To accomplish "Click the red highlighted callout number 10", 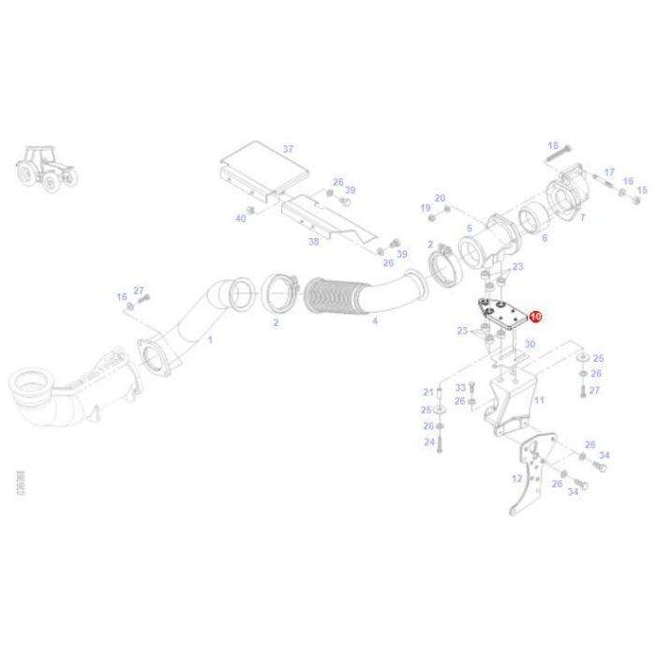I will tap(536, 318).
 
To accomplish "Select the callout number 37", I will tap(288, 149).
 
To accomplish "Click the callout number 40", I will tap(241, 218).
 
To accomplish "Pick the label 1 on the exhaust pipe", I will tap(209, 338).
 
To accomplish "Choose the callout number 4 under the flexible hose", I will tap(375, 321).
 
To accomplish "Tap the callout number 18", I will tap(553, 145).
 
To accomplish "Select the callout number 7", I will tap(582, 217).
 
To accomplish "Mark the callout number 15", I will tap(642, 190).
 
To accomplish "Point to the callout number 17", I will tap(609, 172).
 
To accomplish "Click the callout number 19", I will tap(425, 208).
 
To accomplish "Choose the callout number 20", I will tap(440, 198).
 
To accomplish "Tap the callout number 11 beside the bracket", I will tap(538, 400).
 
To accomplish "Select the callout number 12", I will tap(516, 477).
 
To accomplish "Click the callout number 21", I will tap(428, 392).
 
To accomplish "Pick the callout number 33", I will tap(460, 387).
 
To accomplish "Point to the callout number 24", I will tap(429, 441).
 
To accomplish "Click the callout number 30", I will tap(529, 345).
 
